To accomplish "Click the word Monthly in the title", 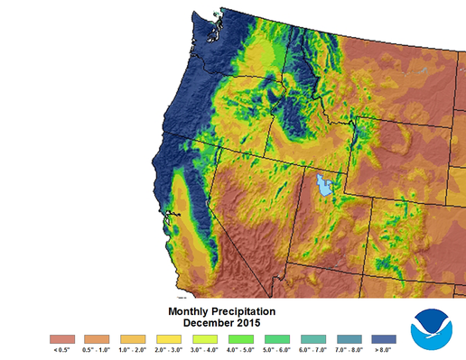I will [x=191, y=311].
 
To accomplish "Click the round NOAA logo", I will [x=433, y=328].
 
